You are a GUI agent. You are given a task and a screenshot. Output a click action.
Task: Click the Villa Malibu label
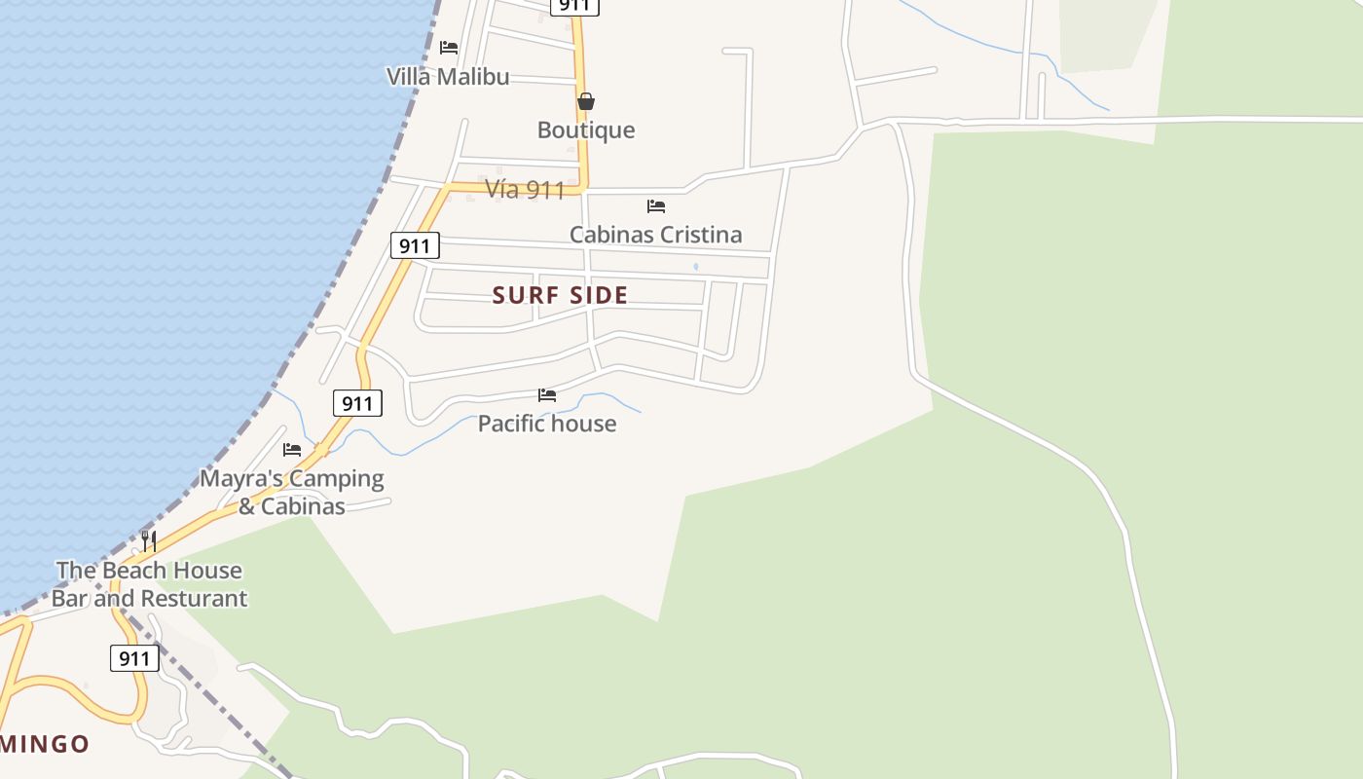[448, 77]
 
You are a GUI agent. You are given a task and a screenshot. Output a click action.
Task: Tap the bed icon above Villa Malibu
[449, 47]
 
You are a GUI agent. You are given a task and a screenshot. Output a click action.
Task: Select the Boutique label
[586, 130]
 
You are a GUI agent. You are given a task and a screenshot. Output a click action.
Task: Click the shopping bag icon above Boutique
[586, 101]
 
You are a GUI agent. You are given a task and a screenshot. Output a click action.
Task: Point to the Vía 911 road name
[525, 189]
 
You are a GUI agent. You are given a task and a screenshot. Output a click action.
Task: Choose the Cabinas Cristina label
[655, 235]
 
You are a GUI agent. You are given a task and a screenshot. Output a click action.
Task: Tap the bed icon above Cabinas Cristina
[656, 206]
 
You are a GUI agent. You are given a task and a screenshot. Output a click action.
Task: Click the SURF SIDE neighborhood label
[560, 295]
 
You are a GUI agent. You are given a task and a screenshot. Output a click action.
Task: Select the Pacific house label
[547, 424]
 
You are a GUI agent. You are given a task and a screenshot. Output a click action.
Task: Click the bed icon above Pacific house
[547, 395]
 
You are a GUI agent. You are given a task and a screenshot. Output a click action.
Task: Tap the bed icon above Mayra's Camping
[292, 450]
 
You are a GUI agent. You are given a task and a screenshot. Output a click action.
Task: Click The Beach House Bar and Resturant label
[149, 584]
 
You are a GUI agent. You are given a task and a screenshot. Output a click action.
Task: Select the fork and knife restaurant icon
[149, 541]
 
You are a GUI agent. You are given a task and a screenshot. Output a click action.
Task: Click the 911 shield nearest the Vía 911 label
[415, 245]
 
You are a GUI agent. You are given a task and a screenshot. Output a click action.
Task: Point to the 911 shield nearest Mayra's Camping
[357, 403]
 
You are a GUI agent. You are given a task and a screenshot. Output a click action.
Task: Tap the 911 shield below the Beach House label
[134, 659]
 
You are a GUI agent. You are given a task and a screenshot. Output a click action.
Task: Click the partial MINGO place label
[45, 745]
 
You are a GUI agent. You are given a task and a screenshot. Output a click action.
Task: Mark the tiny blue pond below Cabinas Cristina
[695, 266]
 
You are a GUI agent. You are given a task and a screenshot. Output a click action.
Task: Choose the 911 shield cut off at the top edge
[574, 6]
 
